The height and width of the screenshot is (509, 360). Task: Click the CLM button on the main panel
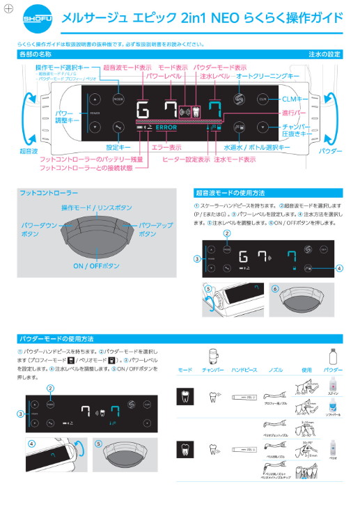point(263,98)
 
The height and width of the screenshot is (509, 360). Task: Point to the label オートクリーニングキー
point(267,76)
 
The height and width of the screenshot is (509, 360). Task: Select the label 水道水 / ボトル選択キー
point(257,148)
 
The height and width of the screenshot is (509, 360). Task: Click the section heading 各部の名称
point(36,54)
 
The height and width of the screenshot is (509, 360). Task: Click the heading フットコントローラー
point(49,191)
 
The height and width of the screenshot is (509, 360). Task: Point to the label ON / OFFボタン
point(97,266)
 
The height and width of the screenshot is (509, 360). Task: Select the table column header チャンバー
point(212,370)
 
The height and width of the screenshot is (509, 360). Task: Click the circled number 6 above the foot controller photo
point(275,288)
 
